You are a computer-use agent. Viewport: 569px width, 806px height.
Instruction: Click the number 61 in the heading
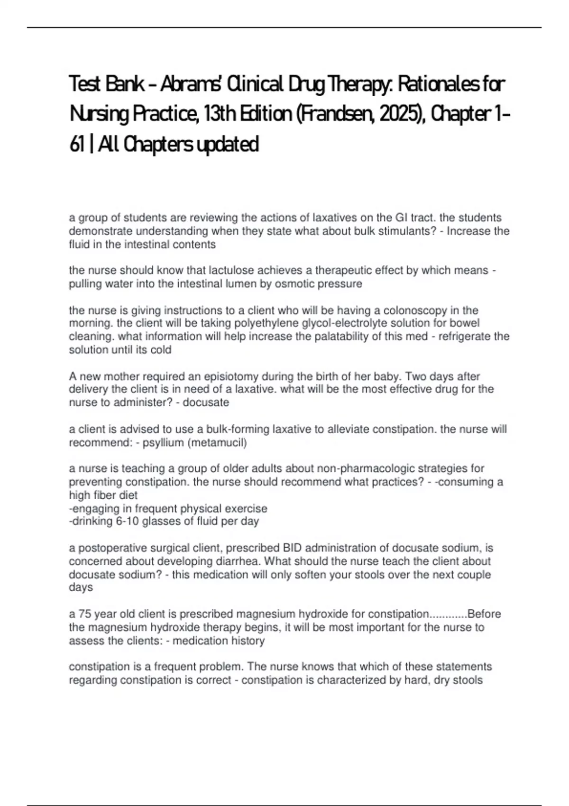click(x=76, y=144)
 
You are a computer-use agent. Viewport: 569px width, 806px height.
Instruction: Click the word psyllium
click(x=163, y=443)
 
